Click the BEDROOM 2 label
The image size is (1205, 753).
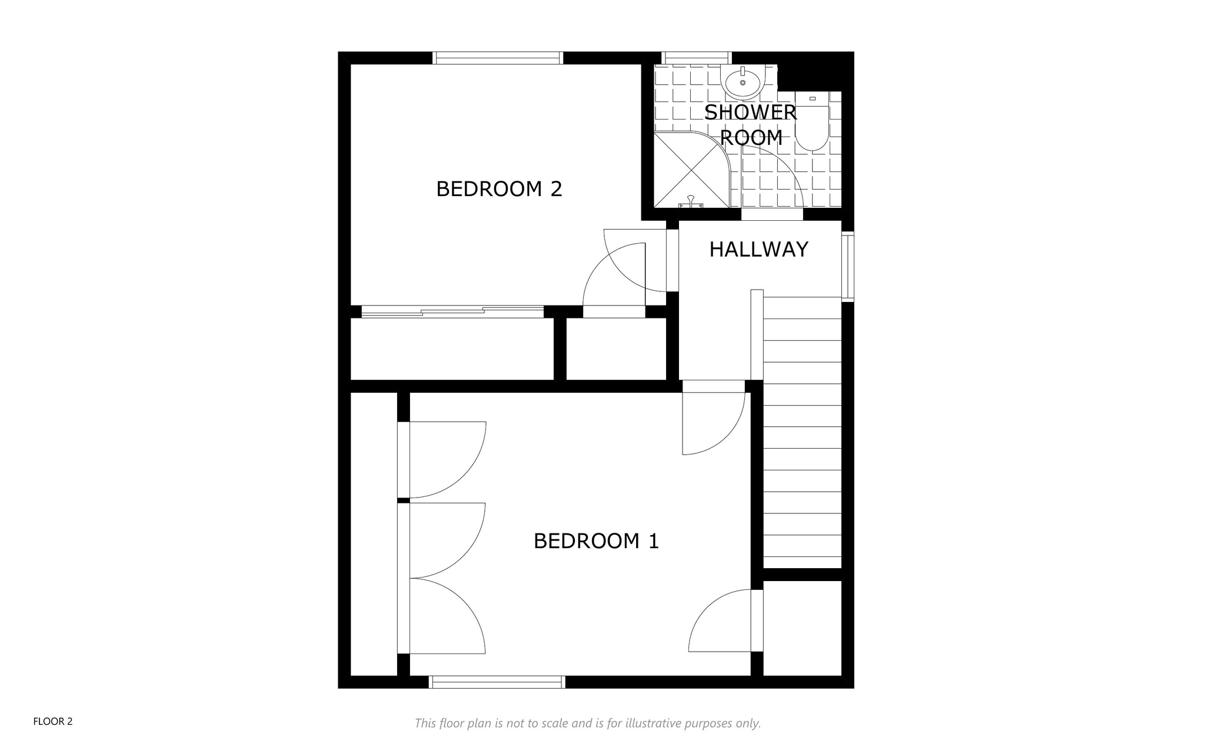(x=499, y=189)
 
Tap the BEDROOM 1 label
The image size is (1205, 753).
(x=596, y=540)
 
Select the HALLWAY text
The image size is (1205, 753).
(x=758, y=250)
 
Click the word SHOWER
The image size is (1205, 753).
(x=750, y=112)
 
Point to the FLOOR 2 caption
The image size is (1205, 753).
(x=53, y=721)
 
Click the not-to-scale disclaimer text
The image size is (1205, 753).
(x=588, y=723)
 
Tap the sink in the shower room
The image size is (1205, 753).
(x=743, y=82)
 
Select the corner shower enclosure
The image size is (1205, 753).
(x=692, y=170)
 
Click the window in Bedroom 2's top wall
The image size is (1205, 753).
(x=498, y=58)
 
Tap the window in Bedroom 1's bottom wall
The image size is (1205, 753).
(x=497, y=682)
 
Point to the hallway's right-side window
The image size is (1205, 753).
(x=847, y=267)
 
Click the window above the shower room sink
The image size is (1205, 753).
(x=697, y=58)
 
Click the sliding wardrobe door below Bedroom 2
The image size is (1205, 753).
(x=452, y=311)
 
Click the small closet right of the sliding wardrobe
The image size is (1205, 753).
(x=616, y=349)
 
